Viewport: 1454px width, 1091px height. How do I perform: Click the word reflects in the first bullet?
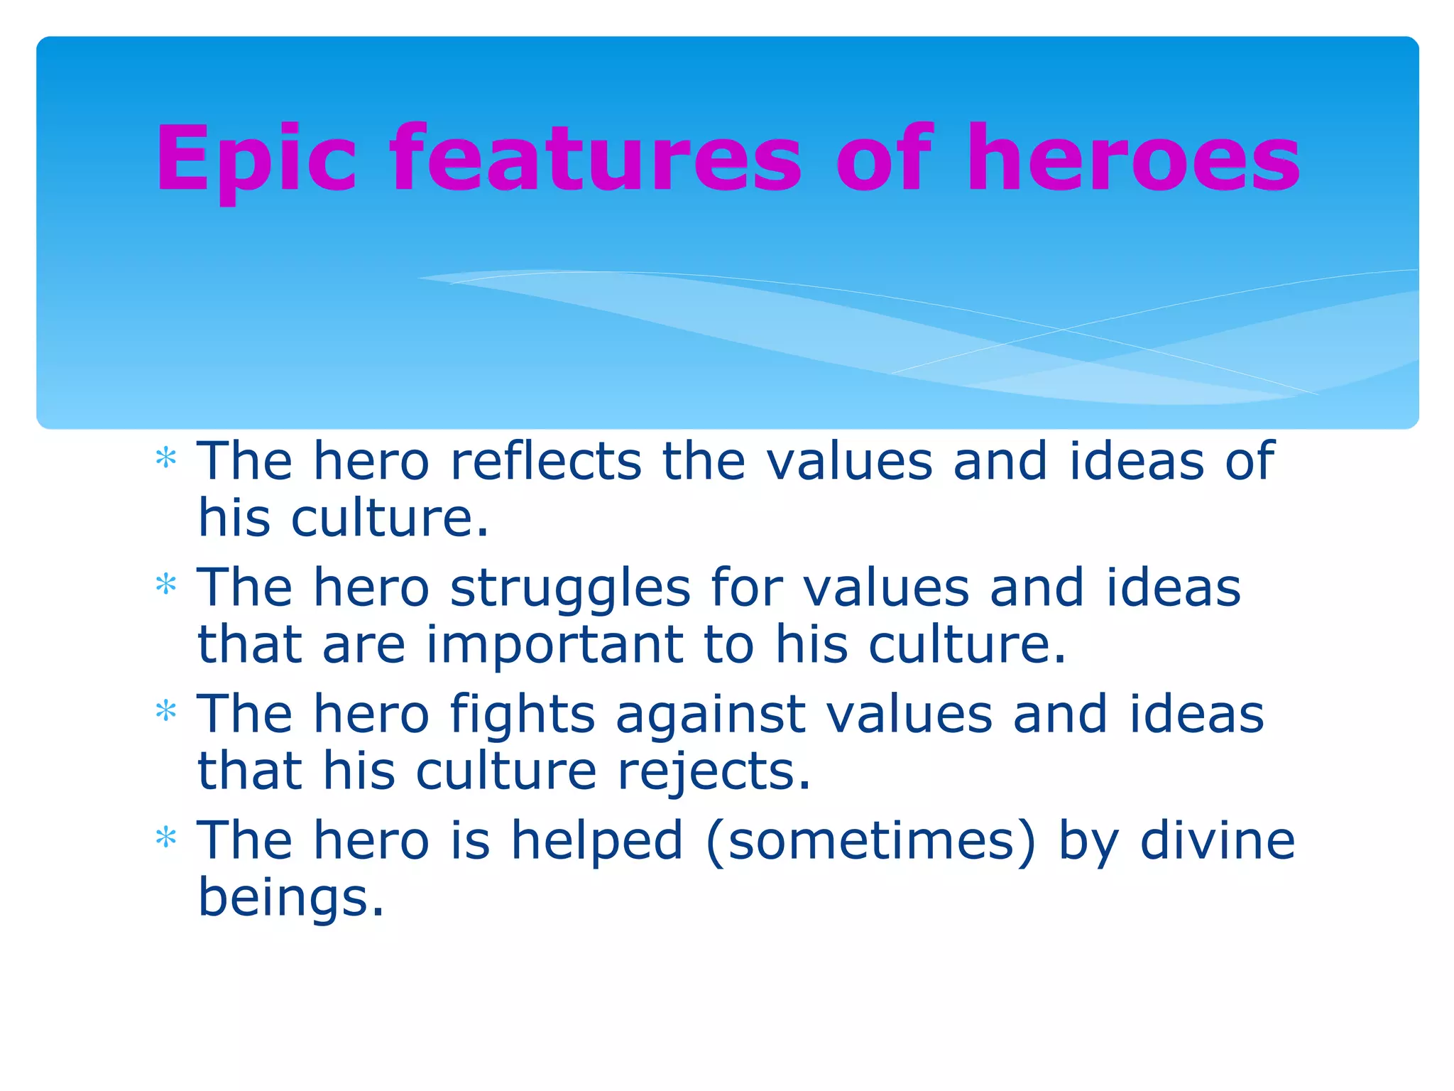[x=546, y=461]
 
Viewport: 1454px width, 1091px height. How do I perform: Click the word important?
[x=554, y=644]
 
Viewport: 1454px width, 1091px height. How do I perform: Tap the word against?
[x=711, y=714]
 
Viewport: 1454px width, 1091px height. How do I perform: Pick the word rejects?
[x=714, y=771]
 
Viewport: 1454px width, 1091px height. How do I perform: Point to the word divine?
[x=1218, y=840]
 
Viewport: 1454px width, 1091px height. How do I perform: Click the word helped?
[x=597, y=840]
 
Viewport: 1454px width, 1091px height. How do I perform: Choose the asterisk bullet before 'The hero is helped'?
[x=165, y=837]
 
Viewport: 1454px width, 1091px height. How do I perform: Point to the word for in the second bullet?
[x=746, y=587]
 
